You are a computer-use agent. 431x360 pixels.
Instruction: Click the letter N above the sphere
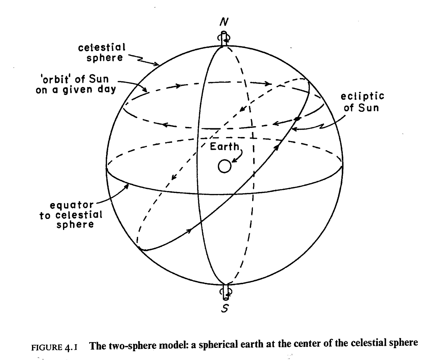click(224, 22)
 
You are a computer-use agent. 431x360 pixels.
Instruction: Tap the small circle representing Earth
click(225, 166)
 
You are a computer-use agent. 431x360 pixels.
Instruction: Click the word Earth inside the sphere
click(224, 146)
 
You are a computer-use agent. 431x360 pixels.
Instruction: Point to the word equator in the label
click(71, 205)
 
